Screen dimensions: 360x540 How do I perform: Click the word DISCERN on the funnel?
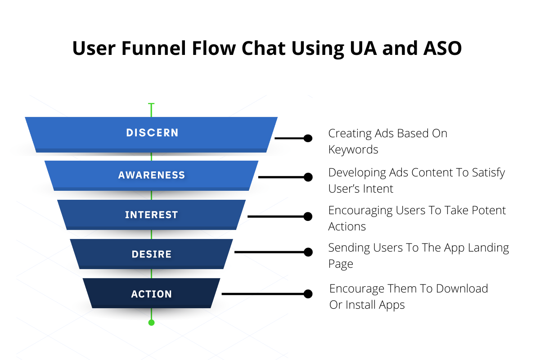152,133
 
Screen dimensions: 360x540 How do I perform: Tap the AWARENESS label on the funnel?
152,175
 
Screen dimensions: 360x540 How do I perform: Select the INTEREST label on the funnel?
152,215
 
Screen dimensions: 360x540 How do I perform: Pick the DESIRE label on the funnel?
152,254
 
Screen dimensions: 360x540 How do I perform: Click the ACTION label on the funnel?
152,294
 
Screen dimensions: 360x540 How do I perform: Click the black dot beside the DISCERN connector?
308,138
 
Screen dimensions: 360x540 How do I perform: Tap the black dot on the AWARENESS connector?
308,177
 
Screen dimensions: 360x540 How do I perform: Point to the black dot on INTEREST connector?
308,216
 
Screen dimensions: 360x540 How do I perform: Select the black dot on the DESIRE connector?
308,252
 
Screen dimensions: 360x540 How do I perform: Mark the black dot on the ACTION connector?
308,294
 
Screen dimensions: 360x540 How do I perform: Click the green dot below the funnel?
152,322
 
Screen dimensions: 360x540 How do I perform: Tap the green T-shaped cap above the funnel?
152,104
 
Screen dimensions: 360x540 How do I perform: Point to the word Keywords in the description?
353,149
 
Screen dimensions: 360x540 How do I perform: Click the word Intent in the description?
379,189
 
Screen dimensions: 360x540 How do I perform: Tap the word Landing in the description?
487,248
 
